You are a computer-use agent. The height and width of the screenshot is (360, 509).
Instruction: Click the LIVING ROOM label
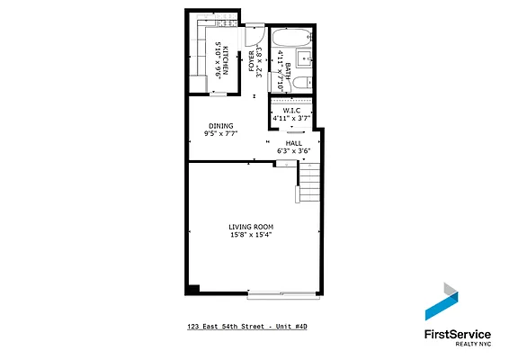click(251, 226)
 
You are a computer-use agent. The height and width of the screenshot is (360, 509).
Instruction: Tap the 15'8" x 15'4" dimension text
click(251, 236)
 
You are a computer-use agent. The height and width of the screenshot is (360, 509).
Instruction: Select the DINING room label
click(221, 126)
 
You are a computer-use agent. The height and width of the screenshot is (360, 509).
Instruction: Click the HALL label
click(294, 142)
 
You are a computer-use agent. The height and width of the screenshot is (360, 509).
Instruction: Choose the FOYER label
click(252, 63)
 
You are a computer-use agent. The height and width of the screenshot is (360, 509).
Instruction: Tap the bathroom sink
click(305, 59)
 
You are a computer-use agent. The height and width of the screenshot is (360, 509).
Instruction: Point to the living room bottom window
click(282, 293)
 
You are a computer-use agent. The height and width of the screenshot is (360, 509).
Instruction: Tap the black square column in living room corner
click(192, 288)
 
